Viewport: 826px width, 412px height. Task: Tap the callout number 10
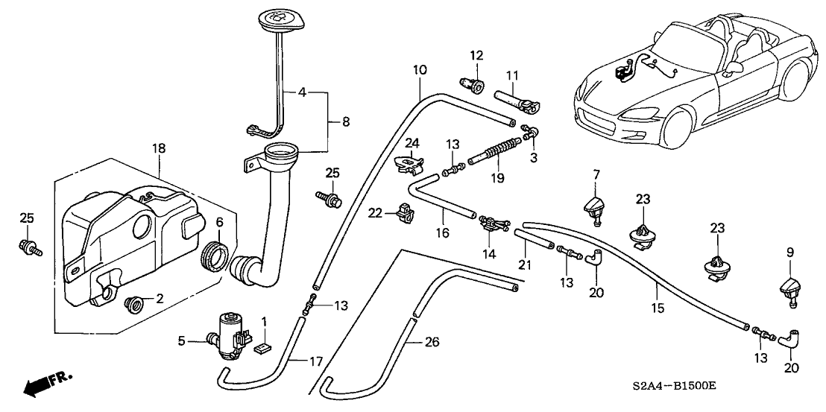[x=420, y=70]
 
